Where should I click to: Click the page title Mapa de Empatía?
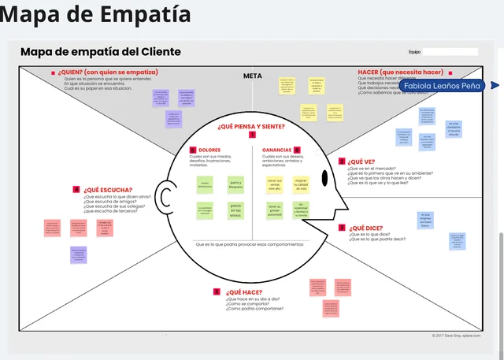(x=95, y=15)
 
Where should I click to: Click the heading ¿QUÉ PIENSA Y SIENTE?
(x=251, y=126)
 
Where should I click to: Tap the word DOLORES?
(x=209, y=150)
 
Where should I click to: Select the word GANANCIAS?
(x=276, y=150)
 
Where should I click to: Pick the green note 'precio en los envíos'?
(x=235, y=211)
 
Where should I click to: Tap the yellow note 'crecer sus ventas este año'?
(x=274, y=185)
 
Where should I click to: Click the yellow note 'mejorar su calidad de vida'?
(x=300, y=186)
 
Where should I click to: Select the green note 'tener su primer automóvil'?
(x=274, y=210)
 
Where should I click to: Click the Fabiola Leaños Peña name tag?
(x=444, y=85)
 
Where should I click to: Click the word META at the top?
(x=252, y=76)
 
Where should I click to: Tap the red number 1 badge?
(x=252, y=135)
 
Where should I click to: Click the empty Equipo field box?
(x=450, y=52)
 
